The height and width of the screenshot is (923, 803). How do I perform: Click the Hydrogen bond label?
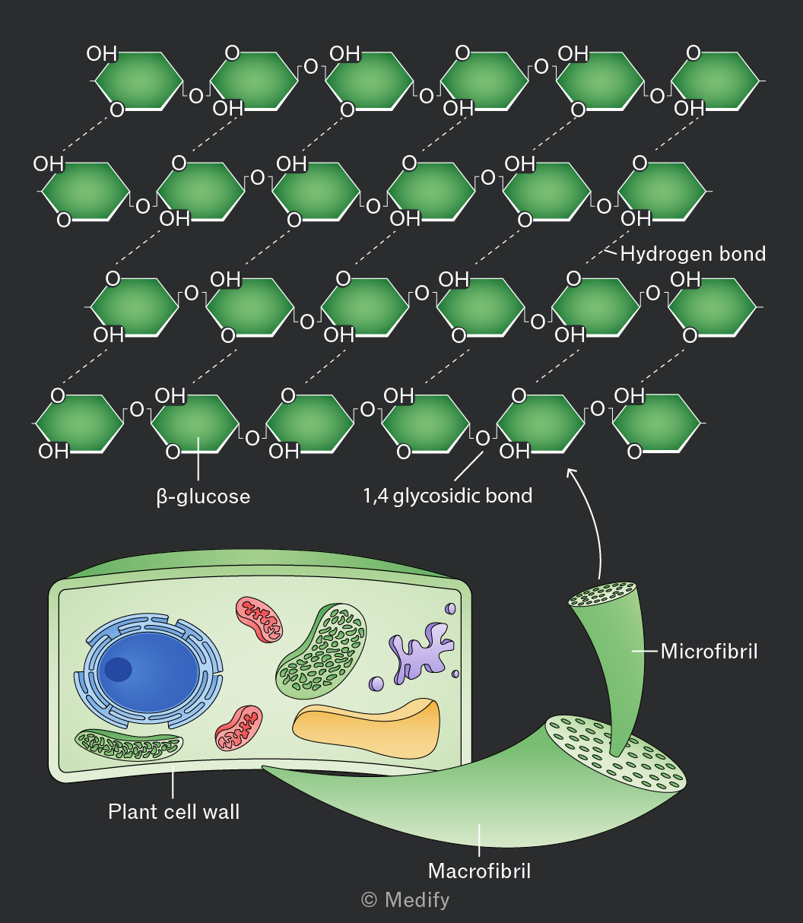[x=693, y=254]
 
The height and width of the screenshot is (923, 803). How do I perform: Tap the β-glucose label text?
[x=203, y=496]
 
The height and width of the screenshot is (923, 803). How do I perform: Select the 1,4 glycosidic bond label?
[x=448, y=496]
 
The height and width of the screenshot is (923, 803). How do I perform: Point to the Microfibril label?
[x=709, y=651]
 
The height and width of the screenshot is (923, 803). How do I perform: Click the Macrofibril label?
[x=479, y=871]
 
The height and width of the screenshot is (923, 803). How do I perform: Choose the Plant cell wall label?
[x=173, y=811]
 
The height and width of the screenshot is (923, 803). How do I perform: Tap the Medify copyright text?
[x=405, y=900]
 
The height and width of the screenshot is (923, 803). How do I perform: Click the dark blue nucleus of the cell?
[x=149, y=671]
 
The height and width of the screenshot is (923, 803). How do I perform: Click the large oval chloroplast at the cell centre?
[x=321, y=651]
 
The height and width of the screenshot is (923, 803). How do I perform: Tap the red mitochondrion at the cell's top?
[x=259, y=620]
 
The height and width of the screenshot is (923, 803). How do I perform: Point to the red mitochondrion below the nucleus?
[x=239, y=728]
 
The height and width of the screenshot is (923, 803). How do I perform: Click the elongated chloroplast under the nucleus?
[x=129, y=744]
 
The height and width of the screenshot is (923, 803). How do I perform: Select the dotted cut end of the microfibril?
[x=602, y=594]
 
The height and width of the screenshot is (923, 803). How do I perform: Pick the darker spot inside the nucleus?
[x=118, y=670]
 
